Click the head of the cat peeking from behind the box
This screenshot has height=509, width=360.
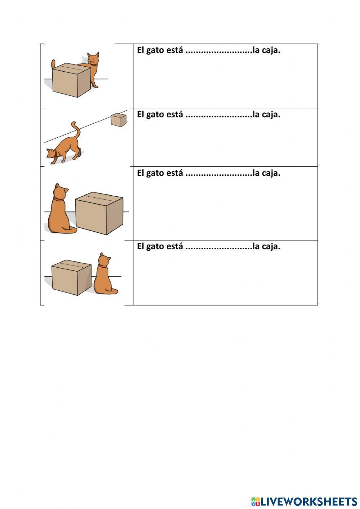point(93,59)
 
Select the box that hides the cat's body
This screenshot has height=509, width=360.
point(71,80)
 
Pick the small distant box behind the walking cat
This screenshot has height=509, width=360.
point(118,120)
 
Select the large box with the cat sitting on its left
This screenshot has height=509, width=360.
point(99,213)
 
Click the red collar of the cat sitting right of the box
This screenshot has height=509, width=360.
point(103,266)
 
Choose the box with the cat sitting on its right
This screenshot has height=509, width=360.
point(71,277)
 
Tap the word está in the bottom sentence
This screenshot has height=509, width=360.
point(175,246)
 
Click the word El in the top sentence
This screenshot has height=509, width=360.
point(140,50)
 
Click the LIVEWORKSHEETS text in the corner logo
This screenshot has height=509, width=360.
point(309,501)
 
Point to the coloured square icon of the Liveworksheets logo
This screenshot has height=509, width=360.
point(256,501)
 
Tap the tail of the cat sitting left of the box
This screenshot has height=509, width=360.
point(70,230)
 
